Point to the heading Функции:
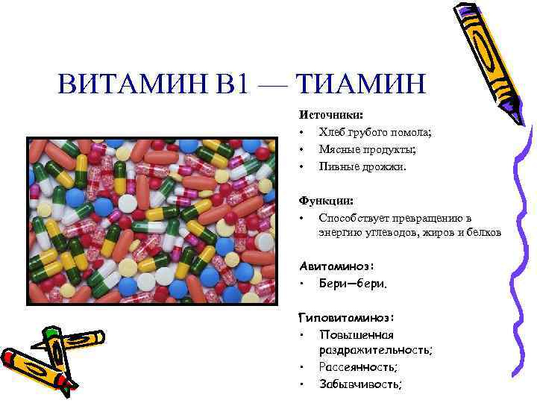326,201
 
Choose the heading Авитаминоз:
336,265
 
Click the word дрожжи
383,166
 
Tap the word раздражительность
375,351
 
